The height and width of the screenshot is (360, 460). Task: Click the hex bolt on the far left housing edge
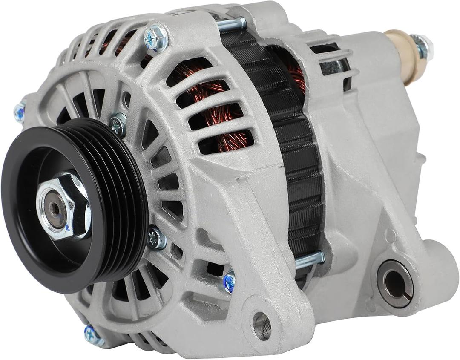click(20, 112)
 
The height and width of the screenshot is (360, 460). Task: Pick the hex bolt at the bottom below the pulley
click(93, 335)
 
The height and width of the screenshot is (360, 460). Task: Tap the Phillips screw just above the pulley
click(118, 124)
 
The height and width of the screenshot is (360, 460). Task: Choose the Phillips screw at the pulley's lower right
click(156, 237)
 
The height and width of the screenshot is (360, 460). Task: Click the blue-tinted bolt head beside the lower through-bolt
click(229, 282)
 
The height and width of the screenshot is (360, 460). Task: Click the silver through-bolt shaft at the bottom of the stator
click(309, 259)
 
